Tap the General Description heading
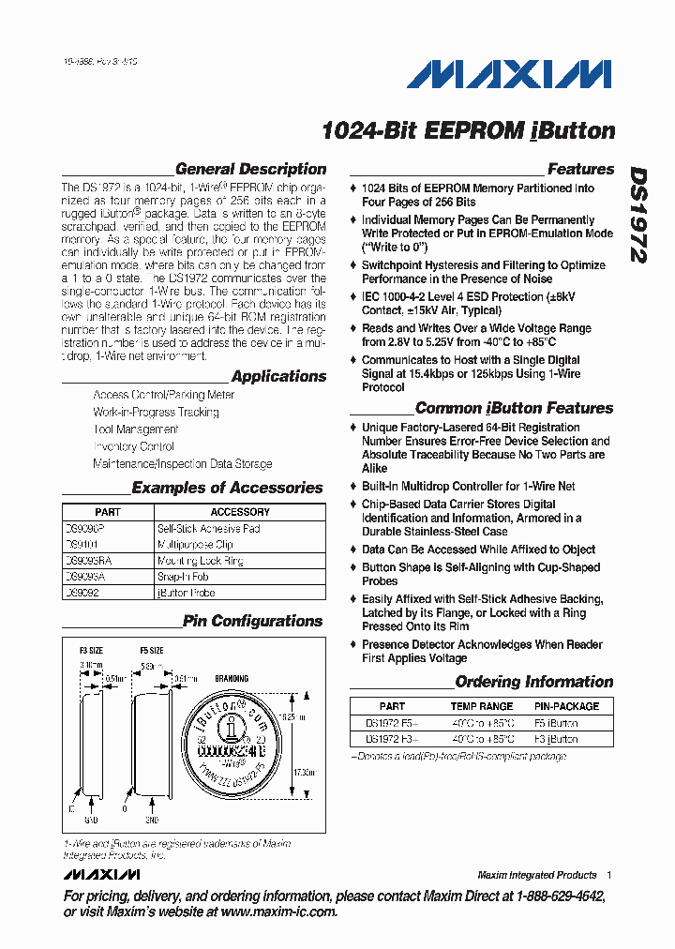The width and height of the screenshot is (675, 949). [x=250, y=170]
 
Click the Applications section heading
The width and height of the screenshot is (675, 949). [x=278, y=376]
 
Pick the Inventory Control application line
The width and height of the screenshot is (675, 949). [x=133, y=446]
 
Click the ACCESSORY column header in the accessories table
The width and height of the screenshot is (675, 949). [x=240, y=512]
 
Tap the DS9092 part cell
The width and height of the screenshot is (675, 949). [x=82, y=593]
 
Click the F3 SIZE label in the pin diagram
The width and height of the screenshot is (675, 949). [x=91, y=650]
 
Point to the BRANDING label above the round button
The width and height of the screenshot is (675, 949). [x=232, y=679]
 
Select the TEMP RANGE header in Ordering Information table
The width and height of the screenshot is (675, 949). [x=482, y=706]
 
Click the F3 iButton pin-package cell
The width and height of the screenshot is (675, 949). [x=556, y=739]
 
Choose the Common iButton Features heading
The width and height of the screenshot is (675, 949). [x=514, y=408]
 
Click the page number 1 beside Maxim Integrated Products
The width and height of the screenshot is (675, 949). [x=609, y=875]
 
